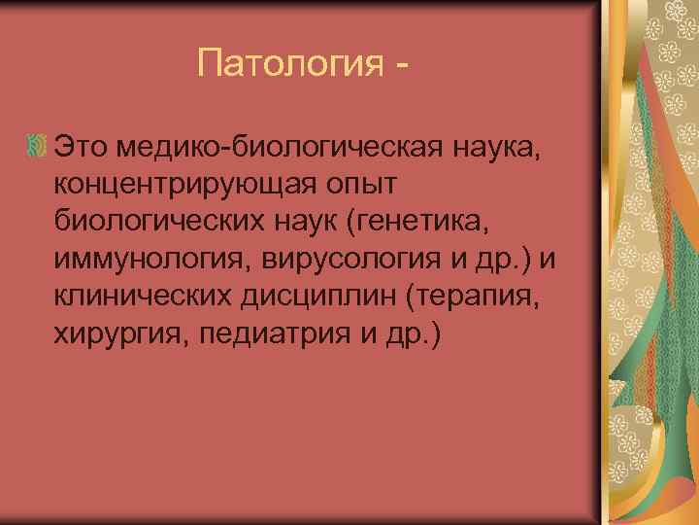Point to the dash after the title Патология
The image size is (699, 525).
(401, 66)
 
